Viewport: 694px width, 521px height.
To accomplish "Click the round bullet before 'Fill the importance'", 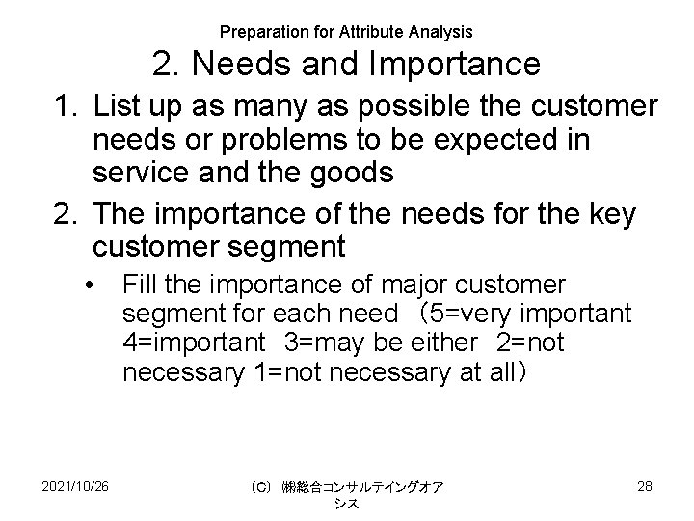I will (89, 286).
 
